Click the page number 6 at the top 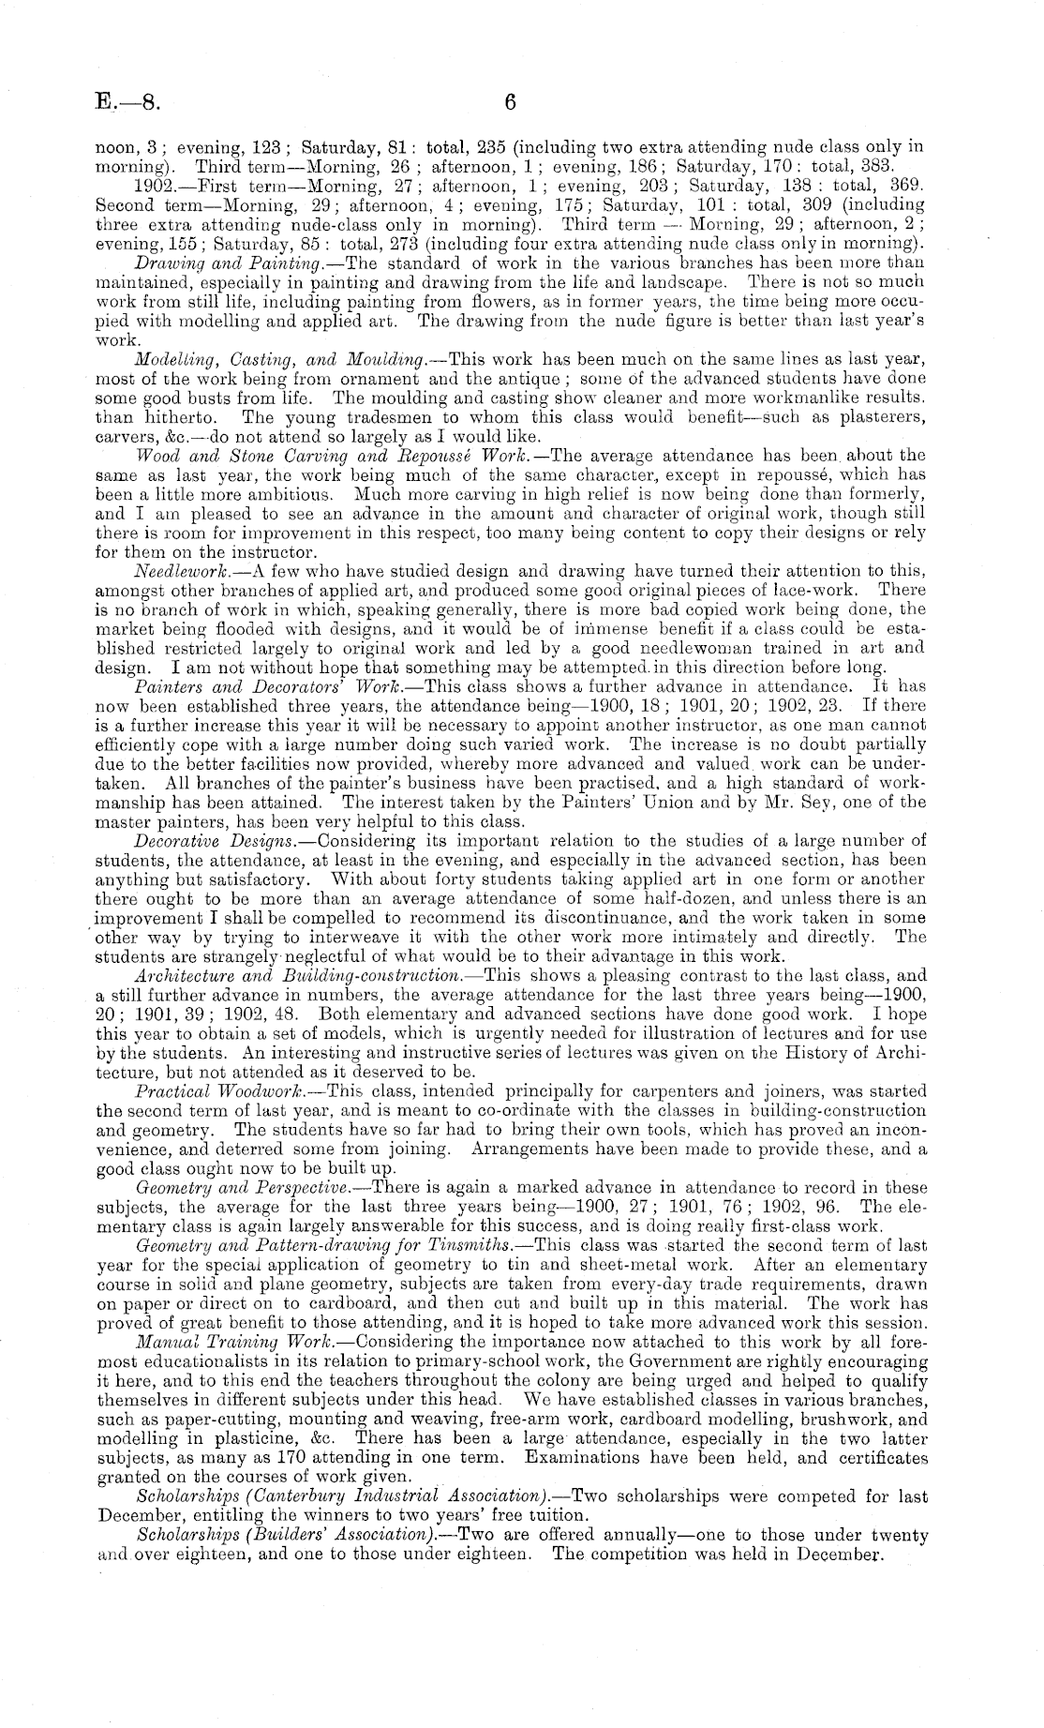[x=511, y=101]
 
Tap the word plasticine [x=215, y=1439]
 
